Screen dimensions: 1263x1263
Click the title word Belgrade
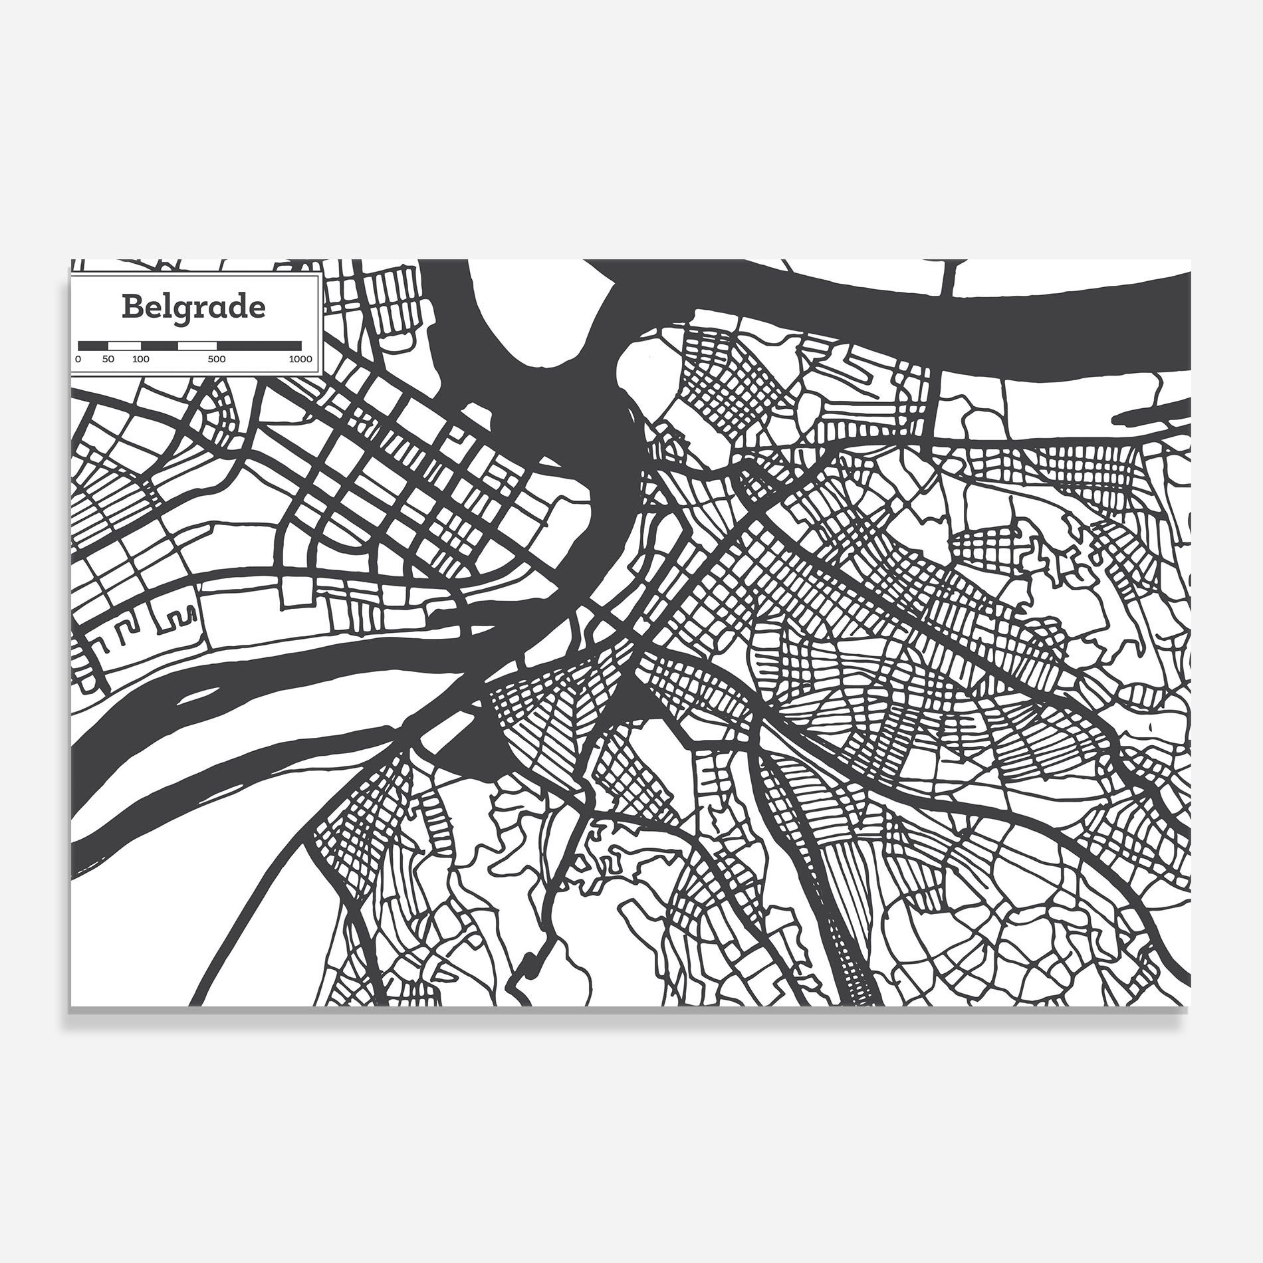[x=193, y=307]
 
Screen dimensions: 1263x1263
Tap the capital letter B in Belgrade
[x=132, y=307]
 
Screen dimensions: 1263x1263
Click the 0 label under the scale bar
[x=78, y=359]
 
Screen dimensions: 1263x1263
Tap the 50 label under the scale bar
[x=108, y=359]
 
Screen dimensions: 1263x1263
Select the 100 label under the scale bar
[x=140, y=359]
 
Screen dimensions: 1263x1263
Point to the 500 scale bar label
[x=216, y=359]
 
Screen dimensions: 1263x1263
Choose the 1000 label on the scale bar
[x=300, y=359]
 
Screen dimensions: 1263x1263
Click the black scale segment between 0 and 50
[x=93, y=346]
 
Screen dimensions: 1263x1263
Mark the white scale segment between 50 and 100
[x=124, y=346]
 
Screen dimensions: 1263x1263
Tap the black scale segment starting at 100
[x=160, y=346]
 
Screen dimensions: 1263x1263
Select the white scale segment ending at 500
[x=197, y=346]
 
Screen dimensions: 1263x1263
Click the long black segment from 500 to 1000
[x=259, y=346]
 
